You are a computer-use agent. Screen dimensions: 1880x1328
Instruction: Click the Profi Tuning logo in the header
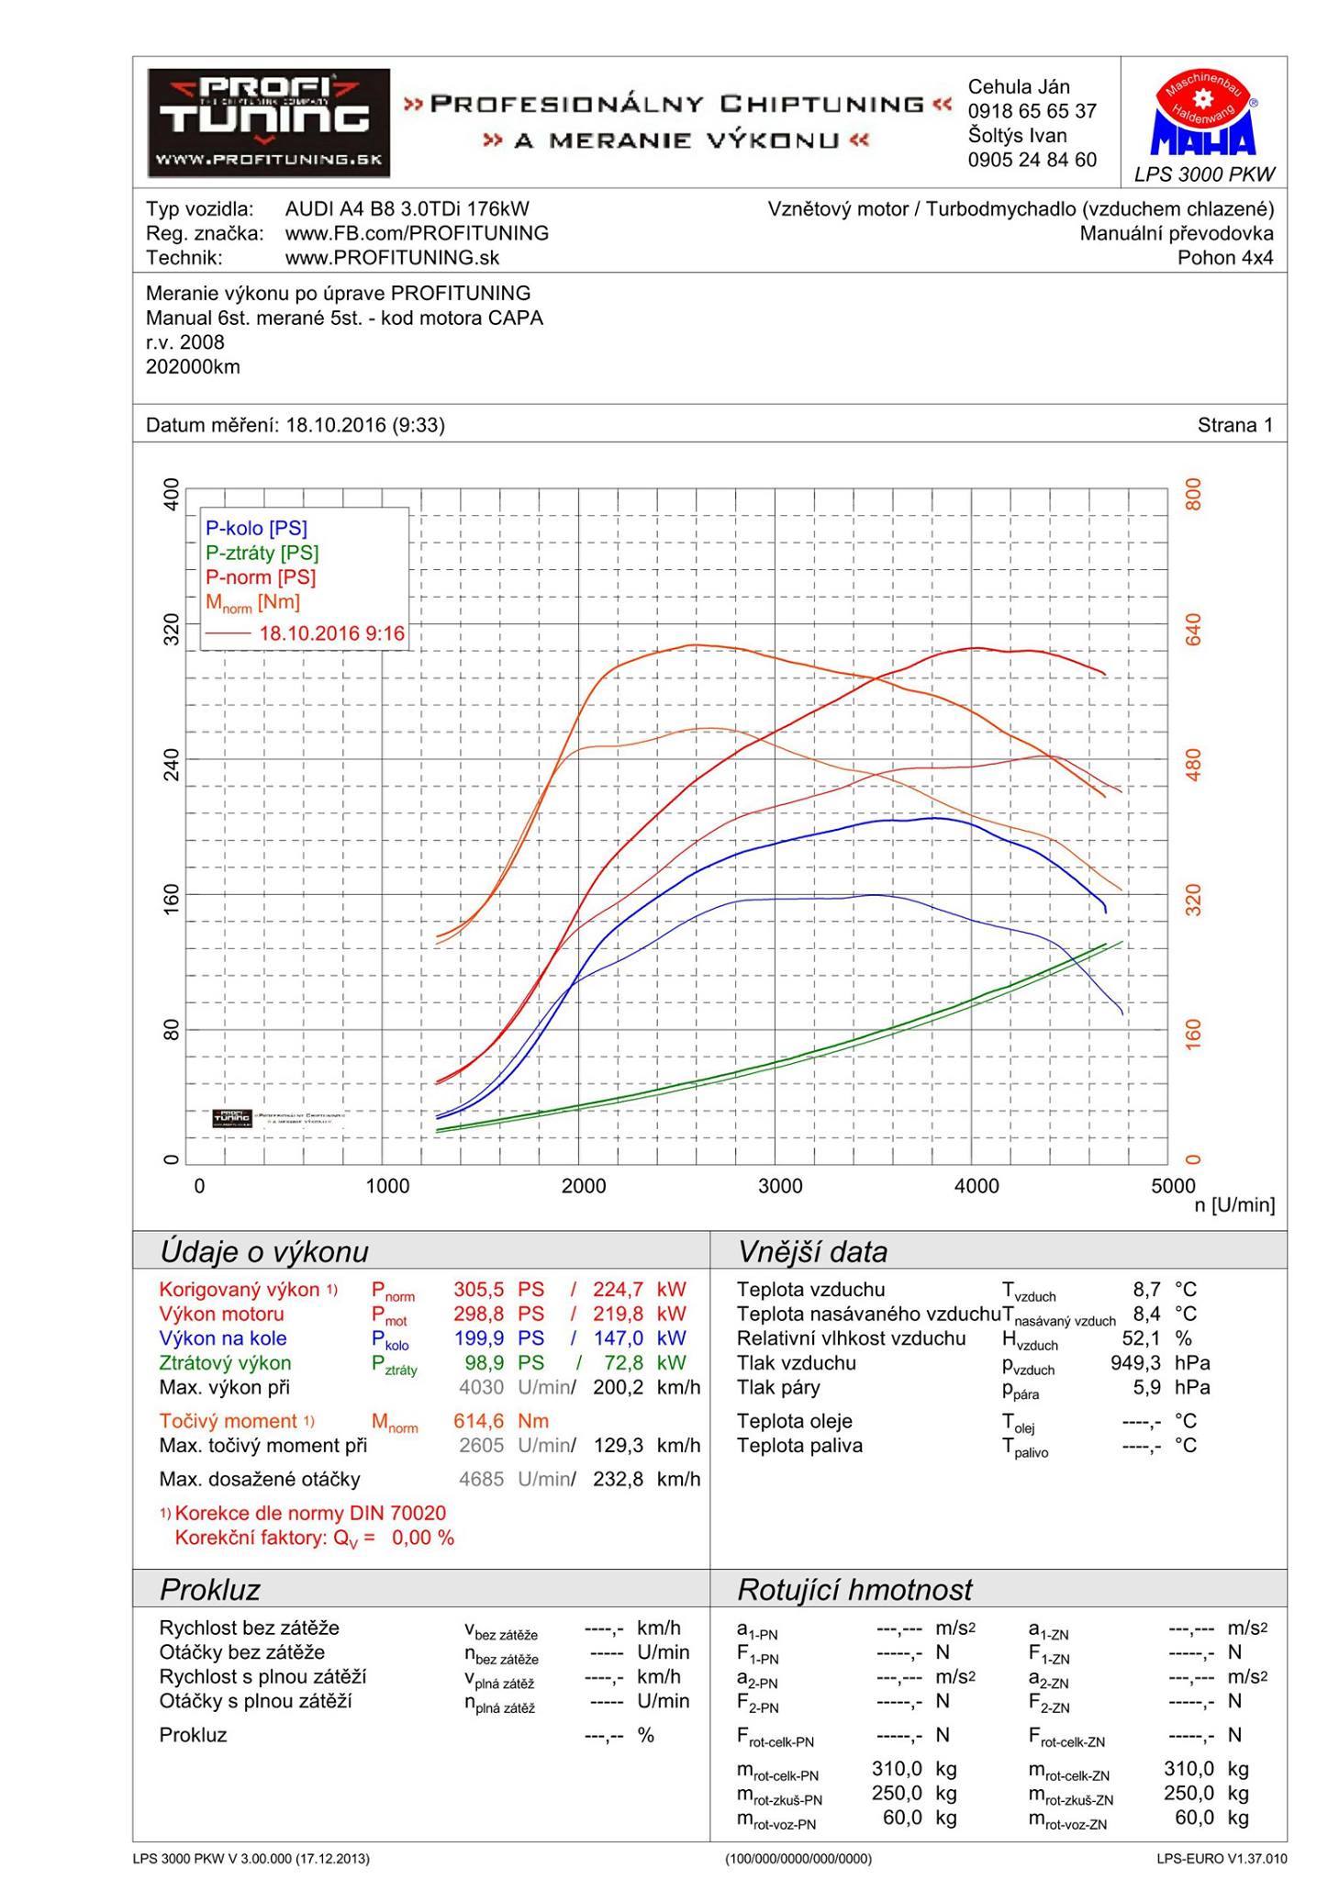click(268, 123)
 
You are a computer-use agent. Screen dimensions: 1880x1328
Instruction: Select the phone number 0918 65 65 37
click(1032, 111)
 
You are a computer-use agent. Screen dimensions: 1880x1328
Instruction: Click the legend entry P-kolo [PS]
click(256, 528)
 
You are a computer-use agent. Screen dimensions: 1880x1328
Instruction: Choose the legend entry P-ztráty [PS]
click(262, 553)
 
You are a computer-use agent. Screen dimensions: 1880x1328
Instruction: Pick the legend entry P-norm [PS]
click(260, 577)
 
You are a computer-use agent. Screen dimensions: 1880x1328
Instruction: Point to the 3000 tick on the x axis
click(780, 1186)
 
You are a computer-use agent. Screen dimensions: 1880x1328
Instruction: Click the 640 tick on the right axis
click(1193, 630)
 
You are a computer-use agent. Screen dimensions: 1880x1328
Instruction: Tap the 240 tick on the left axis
click(171, 764)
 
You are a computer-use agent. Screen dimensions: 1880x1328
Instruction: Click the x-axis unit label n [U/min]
click(1234, 1205)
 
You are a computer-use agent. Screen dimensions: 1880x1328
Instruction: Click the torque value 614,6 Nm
click(500, 1421)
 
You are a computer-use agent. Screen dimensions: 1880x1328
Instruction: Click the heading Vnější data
click(812, 1252)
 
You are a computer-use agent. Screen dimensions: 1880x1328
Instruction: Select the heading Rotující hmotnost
click(854, 1590)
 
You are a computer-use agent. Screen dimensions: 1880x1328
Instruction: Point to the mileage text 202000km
click(193, 367)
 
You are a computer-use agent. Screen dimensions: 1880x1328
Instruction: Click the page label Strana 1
click(1234, 425)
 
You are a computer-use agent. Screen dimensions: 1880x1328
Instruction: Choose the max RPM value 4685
click(481, 1479)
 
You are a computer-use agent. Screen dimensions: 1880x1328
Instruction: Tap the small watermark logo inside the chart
click(232, 1117)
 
